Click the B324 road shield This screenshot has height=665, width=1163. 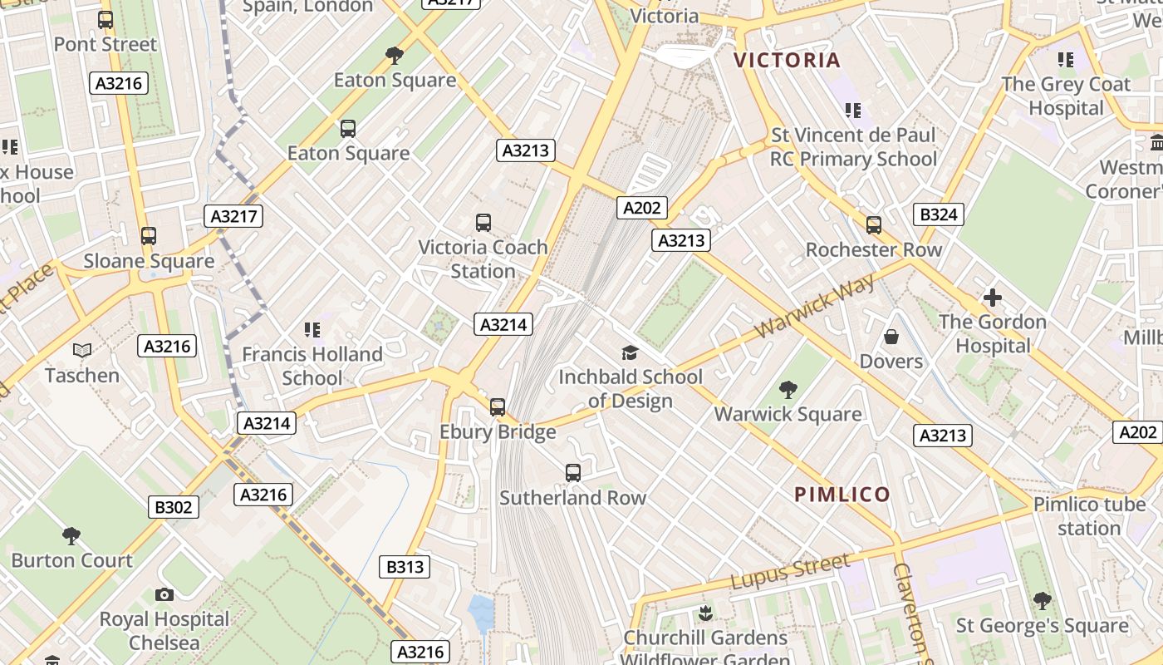(x=939, y=214)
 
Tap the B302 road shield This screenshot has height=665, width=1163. (x=174, y=507)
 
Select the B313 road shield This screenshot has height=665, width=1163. (x=405, y=567)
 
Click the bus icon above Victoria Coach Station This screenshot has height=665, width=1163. (x=483, y=223)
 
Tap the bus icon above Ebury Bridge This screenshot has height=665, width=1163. (x=498, y=407)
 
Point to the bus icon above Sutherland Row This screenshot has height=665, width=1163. (x=573, y=473)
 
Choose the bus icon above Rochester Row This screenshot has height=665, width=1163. (x=874, y=225)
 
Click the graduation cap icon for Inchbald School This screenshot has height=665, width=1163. (x=630, y=352)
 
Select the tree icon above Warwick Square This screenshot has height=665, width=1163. (x=788, y=389)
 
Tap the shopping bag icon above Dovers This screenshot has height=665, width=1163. (x=891, y=337)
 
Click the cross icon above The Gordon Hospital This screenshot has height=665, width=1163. (x=992, y=298)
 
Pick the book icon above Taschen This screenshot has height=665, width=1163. (x=82, y=351)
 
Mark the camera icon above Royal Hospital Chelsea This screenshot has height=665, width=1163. (x=164, y=594)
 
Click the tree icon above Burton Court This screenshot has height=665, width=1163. (x=71, y=535)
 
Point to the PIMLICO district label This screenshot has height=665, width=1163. (x=842, y=495)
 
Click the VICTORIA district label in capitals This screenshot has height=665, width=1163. (x=788, y=60)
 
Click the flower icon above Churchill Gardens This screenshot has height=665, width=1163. (x=705, y=613)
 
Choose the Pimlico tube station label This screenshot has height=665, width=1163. (x=1089, y=516)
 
